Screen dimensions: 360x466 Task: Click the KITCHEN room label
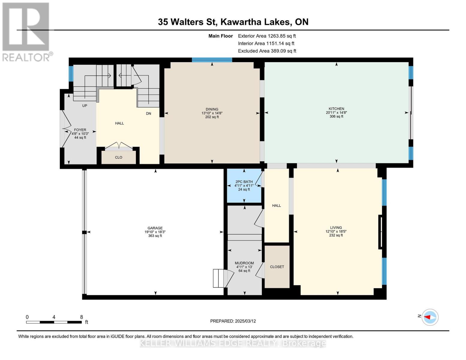pyautogui.click(x=336, y=109)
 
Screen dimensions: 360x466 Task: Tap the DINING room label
pyautogui.click(x=212, y=109)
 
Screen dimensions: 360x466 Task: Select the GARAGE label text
pyautogui.click(x=155, y=228)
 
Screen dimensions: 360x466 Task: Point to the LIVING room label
pyautogui.click(x=336, y=228)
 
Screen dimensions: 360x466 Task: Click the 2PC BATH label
pyautogui.click(x=244, y=182)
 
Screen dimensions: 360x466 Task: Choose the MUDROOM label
pyautogui.click(x=244, y=263)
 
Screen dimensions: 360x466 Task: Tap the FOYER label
pyautogui.click(x=80, y=130)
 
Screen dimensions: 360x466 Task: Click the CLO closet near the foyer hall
pyautogui.click(x=119, y=157)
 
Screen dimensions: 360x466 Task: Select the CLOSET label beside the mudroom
pyautogui.click(x=277, y=267)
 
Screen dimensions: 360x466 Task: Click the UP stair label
pyautogui.click(x=85, y=106)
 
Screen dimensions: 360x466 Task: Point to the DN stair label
pyautogui.click(x=149, y=113)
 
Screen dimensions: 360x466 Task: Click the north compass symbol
pyautogui.click(x=430, y=317)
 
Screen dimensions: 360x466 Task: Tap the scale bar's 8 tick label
pyautogui.click(x=81, y=317)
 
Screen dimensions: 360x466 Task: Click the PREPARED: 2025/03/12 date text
pyautogui.click(x=233, y=321)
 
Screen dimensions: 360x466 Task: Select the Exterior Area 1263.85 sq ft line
pyautogui.click(x=267, y=36)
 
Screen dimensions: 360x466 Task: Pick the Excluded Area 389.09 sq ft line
pyautogui.click(x=267, y=51)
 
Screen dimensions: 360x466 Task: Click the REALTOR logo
pyautogui.click(x=26, y=31)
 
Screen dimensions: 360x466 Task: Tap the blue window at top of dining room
pyautogui.click(x=212, y=60)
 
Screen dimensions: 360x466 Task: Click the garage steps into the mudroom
pyautogui.click(x=219, y=278)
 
